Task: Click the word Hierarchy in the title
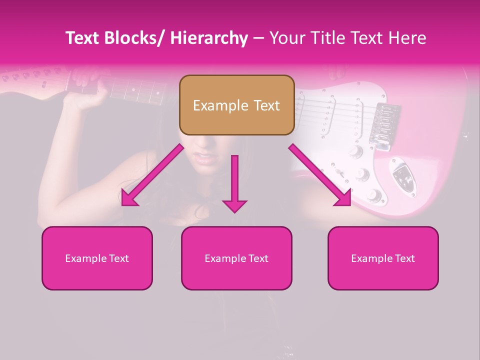click(x=208, y=38)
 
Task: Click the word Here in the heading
click(x=406, y=38)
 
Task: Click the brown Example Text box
click(x=236, y=105)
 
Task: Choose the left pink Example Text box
click(x=97, y=258)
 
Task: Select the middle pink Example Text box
click(x=236, y=258)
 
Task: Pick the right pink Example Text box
click(x=383, y=258)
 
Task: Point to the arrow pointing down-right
click(x=320, y=175)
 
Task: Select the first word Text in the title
click(x=83, y=38)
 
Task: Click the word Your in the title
click(x=287, y=38)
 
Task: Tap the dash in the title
click(x=258, y=38)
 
